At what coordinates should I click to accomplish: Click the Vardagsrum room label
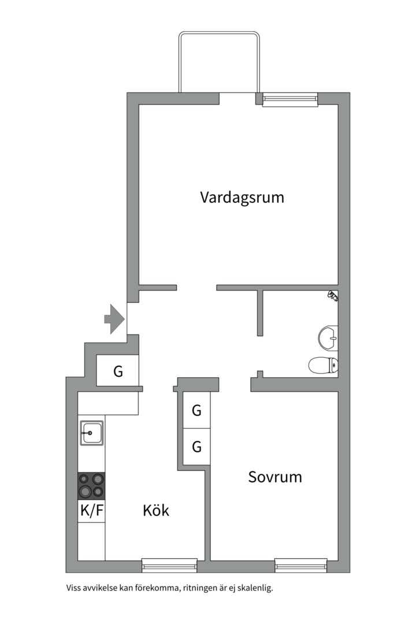[x=242, y=198]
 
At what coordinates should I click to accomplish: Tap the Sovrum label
[x=275, y=477]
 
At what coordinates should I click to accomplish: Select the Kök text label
[x=156, y=511]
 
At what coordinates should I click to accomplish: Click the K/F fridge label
[x=91, y=511]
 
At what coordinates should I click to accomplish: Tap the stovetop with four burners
[x=91, y=485]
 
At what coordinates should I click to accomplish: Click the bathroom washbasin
[x=328, y=337]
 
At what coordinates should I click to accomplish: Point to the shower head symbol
[x=332, y=296]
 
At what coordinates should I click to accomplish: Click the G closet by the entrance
[x=118, y=372]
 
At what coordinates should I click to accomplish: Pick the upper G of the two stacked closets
[x=196, y=411]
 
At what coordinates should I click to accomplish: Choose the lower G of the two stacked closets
[x=196, y=447]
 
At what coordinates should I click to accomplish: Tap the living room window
[x=290, y=99]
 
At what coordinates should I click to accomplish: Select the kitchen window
[x=169, y=566]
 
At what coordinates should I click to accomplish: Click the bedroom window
[x=301, y=566]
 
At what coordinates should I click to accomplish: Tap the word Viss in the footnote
[x=73, y=589]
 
